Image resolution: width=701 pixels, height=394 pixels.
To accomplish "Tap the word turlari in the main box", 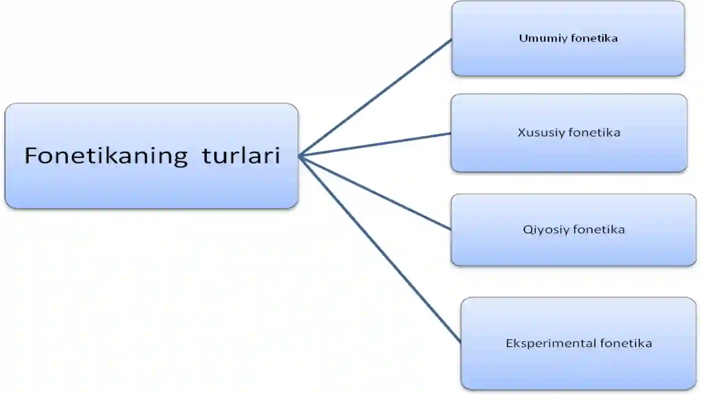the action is (241, 155).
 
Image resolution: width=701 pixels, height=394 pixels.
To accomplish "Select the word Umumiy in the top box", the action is (543, 39).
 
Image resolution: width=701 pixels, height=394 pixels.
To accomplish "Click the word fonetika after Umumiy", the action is (594, 38).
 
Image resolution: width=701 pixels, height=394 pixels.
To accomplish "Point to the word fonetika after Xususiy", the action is (595, 133).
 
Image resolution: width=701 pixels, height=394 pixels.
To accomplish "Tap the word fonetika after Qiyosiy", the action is (599, 229).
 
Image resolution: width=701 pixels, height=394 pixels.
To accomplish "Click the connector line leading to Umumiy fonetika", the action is (375, 98).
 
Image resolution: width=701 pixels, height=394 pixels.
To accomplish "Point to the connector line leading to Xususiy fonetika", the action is (375, 145).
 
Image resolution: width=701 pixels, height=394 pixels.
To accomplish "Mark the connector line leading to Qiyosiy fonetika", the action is (375, 193).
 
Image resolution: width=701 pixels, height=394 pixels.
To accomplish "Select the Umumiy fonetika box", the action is (568, 39).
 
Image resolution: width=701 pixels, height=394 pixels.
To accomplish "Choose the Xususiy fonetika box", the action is (569, 133).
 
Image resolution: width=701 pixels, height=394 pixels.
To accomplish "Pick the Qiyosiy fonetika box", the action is (574, 230).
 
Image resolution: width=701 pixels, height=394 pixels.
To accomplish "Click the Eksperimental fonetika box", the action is (578, 343).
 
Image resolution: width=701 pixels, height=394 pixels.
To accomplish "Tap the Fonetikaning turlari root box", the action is (152, 156).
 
